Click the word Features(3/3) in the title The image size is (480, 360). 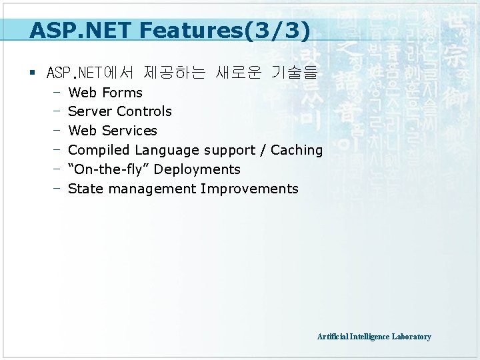pyautogui.click(x=242, y=31)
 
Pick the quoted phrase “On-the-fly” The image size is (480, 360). pyautogui.click(x=109, y=169)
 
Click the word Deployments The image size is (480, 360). pyautogui.click(x=197, y=169)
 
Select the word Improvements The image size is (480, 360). pyautogui.click(x=249, y=189)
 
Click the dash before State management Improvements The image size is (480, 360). pyautogui.click(x=57, y=188)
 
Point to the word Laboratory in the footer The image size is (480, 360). pyautogui.click(x=411, y=337)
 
